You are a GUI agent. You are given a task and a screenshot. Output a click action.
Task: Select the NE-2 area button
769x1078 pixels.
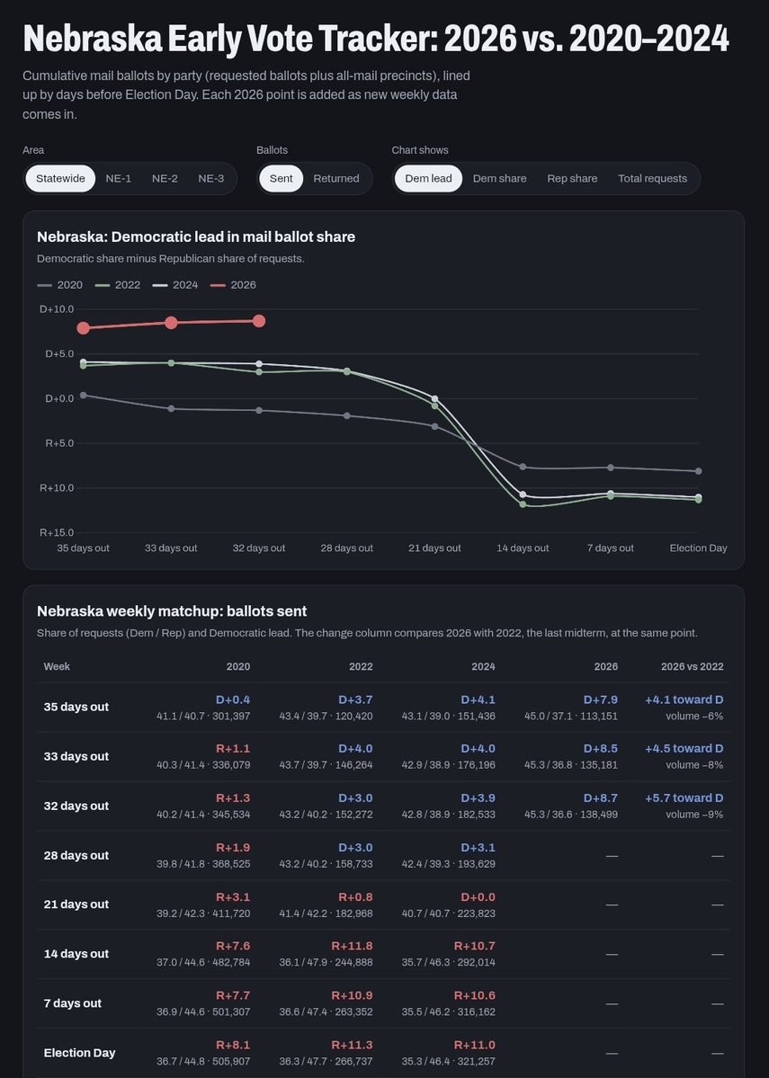tap(165, 179)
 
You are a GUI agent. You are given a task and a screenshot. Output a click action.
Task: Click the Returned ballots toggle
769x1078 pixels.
tap(336, 179)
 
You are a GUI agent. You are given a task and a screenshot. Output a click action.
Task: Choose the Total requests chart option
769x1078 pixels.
tap(652, 179)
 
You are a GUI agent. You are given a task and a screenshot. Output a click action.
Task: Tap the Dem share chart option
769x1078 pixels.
tap(499, 179)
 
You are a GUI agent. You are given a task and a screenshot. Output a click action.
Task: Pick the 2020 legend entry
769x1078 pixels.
tap(59, 285)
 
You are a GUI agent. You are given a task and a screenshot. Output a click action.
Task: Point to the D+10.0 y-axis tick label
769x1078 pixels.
tap(57, 309)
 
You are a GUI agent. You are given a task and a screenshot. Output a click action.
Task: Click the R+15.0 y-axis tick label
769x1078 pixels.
tap(57, 532)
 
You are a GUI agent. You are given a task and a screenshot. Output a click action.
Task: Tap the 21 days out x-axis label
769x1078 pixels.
tap(434, 548)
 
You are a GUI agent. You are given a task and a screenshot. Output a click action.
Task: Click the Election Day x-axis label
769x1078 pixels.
tap(698, 548)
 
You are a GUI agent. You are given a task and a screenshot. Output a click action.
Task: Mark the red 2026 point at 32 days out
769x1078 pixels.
tap(259, 321)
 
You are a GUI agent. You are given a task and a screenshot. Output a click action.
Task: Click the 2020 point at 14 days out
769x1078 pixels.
tap(523, 467)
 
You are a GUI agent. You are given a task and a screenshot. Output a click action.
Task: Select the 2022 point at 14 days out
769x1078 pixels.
tap(523, 504)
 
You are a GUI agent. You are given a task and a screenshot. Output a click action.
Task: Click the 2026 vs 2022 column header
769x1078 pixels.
tap(692, 666)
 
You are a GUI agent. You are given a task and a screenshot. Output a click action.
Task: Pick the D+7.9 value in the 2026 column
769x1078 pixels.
tap(601, 699)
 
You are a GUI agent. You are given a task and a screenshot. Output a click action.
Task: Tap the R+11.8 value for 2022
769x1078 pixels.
tap(353, 946)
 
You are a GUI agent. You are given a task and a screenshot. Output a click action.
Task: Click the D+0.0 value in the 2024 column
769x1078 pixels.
tap(478, 897)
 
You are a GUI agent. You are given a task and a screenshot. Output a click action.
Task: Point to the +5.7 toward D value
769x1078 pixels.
tap(684, 798)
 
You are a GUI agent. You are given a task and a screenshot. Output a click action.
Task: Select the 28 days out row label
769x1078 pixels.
tap(76, 855)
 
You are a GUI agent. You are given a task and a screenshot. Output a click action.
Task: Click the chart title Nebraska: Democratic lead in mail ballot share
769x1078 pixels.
tap(196, 236)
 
